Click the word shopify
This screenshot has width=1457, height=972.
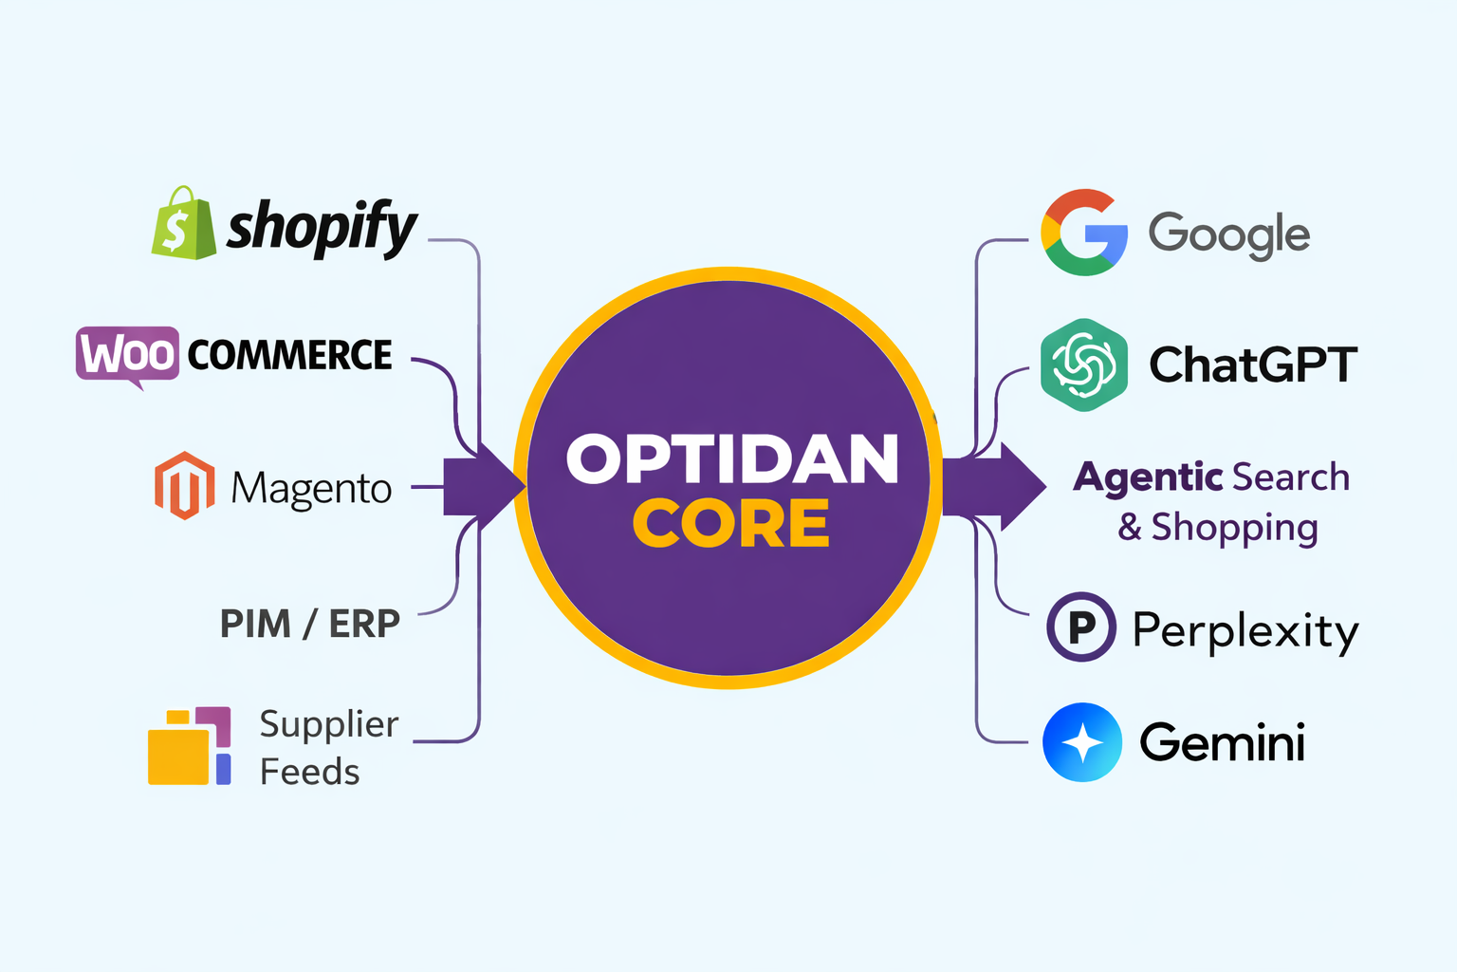[322, 227]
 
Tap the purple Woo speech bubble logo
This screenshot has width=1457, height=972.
[127, 355]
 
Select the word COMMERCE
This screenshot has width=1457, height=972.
[289, 355]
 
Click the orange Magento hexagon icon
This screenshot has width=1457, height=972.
[184, 486]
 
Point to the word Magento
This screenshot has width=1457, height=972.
[311, 489]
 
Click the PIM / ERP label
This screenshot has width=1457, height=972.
[310, 624]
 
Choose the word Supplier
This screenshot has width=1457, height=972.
[328, 724]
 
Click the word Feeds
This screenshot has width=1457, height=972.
[310, 772]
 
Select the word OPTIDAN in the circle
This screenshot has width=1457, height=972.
[731, 459]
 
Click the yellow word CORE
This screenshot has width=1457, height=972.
[731, 524]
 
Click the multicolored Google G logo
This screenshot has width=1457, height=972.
[1084, 233]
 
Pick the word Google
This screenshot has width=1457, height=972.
[1228, 234]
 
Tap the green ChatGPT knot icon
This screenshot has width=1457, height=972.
[1083, 364]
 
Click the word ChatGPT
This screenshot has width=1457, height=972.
[1252, 364]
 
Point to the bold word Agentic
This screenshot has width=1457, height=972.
[1148, 477]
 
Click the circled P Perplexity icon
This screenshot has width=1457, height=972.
[1080, 626]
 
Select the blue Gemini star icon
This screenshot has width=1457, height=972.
[1082, 742]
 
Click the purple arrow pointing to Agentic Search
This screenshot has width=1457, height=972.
[996, 485]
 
